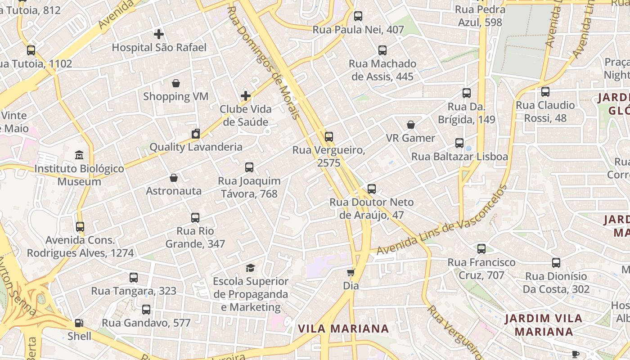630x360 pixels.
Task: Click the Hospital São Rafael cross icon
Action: [x=158, y=34]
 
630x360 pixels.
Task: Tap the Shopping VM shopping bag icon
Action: [x=176, y=83]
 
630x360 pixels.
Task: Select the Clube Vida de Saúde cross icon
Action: [x=246, y=96]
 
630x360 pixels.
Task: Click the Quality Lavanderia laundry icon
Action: [x=196, y=134]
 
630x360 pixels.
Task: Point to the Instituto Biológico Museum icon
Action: [x=80, y=155]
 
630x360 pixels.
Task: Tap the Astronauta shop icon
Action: [x=174, y=178]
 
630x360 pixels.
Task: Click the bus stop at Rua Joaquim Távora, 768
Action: [x=249, y=167]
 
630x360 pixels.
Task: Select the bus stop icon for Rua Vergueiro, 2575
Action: [x=329, y=137]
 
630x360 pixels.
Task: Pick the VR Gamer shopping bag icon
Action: [x=411, y=125]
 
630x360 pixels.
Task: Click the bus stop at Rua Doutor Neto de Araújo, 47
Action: [x=372, y=189]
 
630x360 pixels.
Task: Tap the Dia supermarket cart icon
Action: [x=351, y=272]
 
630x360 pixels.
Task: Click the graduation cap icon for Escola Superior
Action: [x=251, y=268]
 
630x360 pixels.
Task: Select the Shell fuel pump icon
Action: [x=79, y=323]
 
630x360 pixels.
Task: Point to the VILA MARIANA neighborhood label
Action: [x=343, y=328]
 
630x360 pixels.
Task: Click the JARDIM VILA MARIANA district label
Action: [x=544, y=325]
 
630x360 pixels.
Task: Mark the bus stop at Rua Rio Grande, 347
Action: [x=195, y=218]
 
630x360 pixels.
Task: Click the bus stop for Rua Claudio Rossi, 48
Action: [x=545, y=92]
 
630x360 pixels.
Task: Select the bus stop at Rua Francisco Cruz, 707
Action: [x=481, y=249]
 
